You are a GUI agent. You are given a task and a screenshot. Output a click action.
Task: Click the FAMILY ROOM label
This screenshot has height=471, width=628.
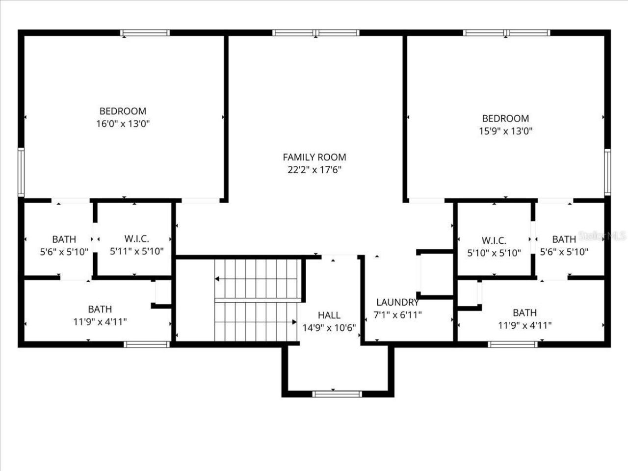[314, 157]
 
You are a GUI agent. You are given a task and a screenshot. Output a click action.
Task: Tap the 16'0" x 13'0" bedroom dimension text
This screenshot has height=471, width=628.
[123, 124]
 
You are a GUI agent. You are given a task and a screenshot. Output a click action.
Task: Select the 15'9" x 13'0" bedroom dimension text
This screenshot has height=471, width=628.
[505, 131]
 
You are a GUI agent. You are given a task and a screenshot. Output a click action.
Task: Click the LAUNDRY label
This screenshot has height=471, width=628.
[397, 302]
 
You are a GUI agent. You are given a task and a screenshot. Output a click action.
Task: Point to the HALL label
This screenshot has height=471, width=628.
[329, 315]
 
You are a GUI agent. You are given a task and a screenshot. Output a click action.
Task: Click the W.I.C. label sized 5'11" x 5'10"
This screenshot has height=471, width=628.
[136, 239]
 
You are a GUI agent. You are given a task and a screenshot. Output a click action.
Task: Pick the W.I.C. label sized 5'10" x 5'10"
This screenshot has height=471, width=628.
[494, 240]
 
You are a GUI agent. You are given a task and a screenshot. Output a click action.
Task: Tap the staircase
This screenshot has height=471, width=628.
[257, 300]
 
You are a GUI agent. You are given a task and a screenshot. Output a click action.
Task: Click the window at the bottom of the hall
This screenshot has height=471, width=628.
[337, 393]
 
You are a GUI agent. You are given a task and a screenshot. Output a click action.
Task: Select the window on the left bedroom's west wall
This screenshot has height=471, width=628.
[21, 172]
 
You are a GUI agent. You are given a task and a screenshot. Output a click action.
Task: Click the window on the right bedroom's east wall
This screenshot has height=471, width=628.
[607, 173]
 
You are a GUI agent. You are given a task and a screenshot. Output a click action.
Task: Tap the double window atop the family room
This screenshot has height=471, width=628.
[315, 33]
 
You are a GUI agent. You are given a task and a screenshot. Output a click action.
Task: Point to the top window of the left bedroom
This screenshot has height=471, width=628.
[145, 33]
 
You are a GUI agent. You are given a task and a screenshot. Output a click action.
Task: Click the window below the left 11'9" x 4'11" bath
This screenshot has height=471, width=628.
[147, 344]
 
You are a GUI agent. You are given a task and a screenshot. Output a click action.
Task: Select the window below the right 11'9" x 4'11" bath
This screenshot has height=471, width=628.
[513, 344]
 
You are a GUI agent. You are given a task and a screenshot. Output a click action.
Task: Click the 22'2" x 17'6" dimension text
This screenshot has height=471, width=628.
[314, 170]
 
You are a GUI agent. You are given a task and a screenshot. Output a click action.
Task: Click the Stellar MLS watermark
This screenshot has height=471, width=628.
[602, 236]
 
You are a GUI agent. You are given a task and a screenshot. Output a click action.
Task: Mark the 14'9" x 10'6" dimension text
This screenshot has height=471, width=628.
[329, 328]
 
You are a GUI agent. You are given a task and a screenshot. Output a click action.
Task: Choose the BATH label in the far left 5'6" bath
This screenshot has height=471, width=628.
[64, 239]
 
